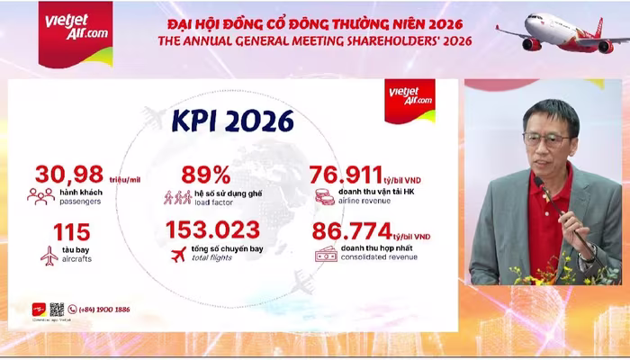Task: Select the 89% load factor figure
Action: (206, 175)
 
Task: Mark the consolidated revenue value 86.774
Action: (352, 230)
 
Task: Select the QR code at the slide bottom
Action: (57, 310)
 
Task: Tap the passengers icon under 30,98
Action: (40, 195)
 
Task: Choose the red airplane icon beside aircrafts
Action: (49, 255)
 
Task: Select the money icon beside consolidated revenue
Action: (325, 255)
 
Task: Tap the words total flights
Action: (210, 257)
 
